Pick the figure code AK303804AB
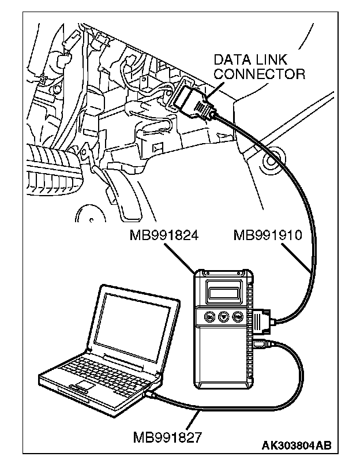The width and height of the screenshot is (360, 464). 297,446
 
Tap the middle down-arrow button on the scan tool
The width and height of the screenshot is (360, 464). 224,316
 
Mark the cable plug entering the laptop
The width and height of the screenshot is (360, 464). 152,394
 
